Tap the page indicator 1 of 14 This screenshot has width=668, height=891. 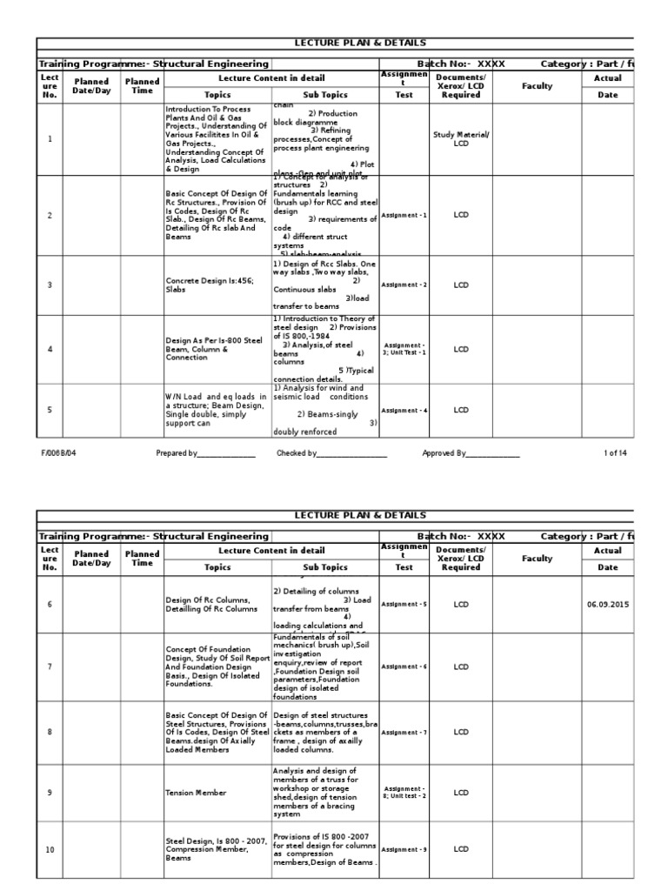(615, 453)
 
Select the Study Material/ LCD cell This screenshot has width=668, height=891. (461, 138)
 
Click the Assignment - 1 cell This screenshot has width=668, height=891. (404, 215)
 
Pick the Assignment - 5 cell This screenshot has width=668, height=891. (404, 604)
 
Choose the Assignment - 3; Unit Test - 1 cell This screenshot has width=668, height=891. (404, 349)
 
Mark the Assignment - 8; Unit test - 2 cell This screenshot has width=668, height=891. (404, 793)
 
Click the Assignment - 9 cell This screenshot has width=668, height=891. (404, 849)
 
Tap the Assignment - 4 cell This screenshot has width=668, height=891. (404, 410)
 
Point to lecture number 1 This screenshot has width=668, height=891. (50, 138)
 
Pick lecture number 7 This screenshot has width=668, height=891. (50, 667)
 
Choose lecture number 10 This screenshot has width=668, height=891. (50, 849)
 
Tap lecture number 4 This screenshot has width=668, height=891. (50, 349)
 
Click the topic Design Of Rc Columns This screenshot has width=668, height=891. (208, 604)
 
